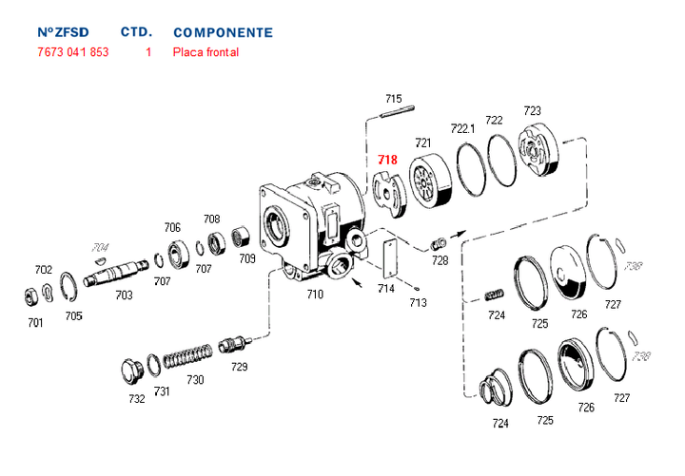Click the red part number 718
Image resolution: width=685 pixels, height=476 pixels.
[387, 160]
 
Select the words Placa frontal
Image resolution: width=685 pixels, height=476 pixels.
[205, 52]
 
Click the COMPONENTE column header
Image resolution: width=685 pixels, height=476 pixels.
[223, 32]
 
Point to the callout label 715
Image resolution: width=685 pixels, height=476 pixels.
[393, 99]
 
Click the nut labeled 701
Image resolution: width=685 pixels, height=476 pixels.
[29, 295]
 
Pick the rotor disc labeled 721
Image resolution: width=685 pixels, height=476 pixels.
[427, 181]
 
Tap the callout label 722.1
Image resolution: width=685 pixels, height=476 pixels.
[462, 128]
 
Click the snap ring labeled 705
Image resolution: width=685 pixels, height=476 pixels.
[68, 285]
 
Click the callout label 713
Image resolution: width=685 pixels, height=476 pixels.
[418, 302]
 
